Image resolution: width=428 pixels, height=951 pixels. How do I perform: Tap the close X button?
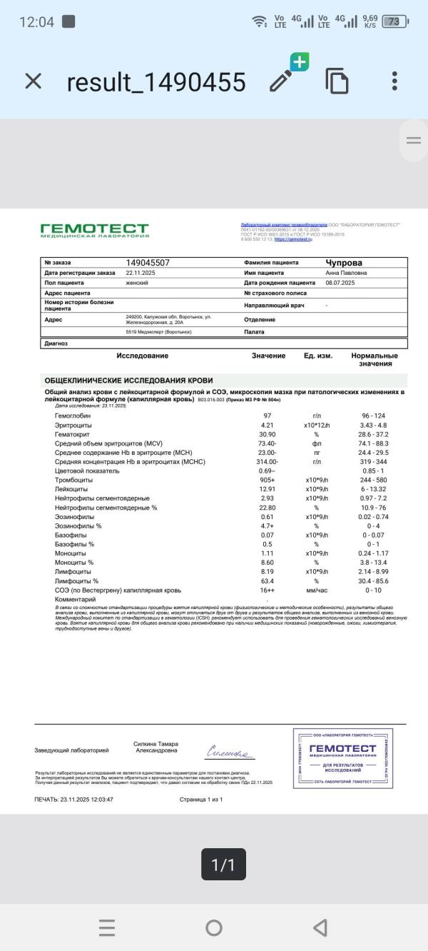[34, 81]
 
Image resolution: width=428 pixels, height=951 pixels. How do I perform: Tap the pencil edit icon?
[282, 81]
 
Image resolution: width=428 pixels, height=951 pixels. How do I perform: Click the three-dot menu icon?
[394, 81]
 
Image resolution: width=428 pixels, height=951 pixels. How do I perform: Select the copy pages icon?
[337, 81]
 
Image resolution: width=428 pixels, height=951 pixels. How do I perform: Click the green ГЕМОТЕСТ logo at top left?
[95, 230]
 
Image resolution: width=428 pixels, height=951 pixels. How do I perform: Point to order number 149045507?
[148, 263]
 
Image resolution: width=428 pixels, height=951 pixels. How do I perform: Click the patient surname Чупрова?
[344, 263]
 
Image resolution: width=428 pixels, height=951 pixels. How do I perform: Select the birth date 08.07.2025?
[340, 283]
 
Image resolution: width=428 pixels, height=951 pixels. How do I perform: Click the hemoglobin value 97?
[267, 416]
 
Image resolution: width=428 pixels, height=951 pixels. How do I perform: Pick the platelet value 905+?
[267, 480]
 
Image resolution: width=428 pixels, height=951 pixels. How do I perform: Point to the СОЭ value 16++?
[267, 590]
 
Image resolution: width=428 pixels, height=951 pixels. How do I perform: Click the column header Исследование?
[143, 356]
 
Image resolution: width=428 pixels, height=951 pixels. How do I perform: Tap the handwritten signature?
[229, 752]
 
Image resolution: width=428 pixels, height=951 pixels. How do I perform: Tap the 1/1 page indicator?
[223, 865]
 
